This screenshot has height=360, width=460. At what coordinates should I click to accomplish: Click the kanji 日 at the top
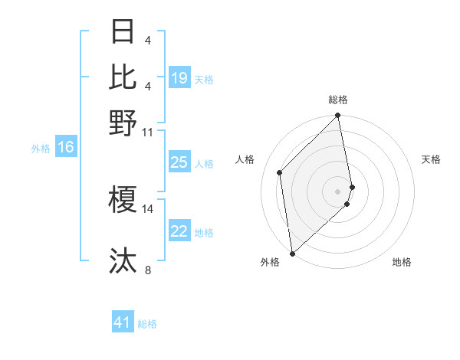coord(123,32)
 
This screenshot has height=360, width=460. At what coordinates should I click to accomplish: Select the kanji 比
coord(123,76)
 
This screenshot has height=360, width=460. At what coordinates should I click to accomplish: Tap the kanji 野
coord(123,123)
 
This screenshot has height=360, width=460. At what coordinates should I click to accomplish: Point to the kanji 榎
coord(123,198)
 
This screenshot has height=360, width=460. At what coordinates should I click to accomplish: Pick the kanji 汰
coord(123,261)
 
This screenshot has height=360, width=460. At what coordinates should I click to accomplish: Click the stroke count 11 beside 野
coord(148,132)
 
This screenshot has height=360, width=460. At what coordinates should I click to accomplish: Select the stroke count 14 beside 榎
coord(148,208)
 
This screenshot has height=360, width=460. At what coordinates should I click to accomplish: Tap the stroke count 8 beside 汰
coord(148,270)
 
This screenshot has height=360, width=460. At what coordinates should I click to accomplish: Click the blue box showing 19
coord(179,78)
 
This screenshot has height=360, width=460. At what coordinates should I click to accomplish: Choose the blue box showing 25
coord(179,162)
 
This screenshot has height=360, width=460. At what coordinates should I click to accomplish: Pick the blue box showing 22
coord(179,232)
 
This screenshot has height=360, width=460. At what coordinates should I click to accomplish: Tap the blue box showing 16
coord(66,148)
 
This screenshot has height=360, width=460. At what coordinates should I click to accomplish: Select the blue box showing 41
coord(123,322)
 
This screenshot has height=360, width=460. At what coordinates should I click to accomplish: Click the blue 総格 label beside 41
coord(147,324)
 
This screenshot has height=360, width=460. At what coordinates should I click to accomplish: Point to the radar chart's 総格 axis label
coord(338,100)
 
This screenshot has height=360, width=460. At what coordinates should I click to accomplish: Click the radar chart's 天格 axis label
coord(432,159)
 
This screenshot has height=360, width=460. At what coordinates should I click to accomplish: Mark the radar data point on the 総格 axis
coord(338,116)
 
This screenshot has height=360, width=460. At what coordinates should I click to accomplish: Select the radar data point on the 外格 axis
coord(292,254)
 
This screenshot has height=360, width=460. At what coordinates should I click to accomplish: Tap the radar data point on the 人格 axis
coord(280,172)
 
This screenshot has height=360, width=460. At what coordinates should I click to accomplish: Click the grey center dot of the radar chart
coord(338,191)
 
